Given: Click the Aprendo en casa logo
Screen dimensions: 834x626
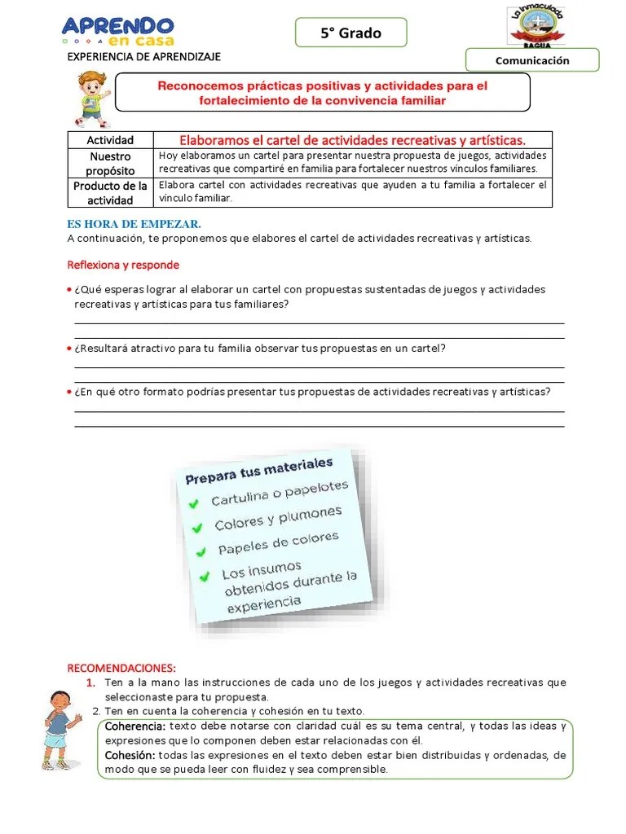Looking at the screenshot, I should point(117,31).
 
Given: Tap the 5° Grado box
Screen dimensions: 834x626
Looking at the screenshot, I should point(350,33).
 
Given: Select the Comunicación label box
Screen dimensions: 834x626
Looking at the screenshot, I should point(532,60).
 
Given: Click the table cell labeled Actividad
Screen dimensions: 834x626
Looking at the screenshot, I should point(110,140).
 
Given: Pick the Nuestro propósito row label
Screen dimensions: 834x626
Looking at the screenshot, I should point(110,163).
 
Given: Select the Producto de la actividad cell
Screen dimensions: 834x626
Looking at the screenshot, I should point(110,193).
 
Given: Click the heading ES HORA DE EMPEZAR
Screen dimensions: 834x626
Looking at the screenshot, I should point(133,224).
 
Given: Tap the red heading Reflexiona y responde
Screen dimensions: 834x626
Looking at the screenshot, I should point(123,265).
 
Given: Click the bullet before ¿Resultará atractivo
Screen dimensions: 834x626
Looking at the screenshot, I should point(70,348).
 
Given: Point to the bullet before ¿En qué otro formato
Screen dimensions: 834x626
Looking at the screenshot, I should point(70,392).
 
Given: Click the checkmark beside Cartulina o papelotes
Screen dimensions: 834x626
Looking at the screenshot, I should point(193,504).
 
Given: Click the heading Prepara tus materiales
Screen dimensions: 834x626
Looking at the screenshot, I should point(259,470).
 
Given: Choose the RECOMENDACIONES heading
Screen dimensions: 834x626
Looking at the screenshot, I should point(121,668).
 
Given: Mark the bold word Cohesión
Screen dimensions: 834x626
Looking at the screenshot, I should point(130,755).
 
